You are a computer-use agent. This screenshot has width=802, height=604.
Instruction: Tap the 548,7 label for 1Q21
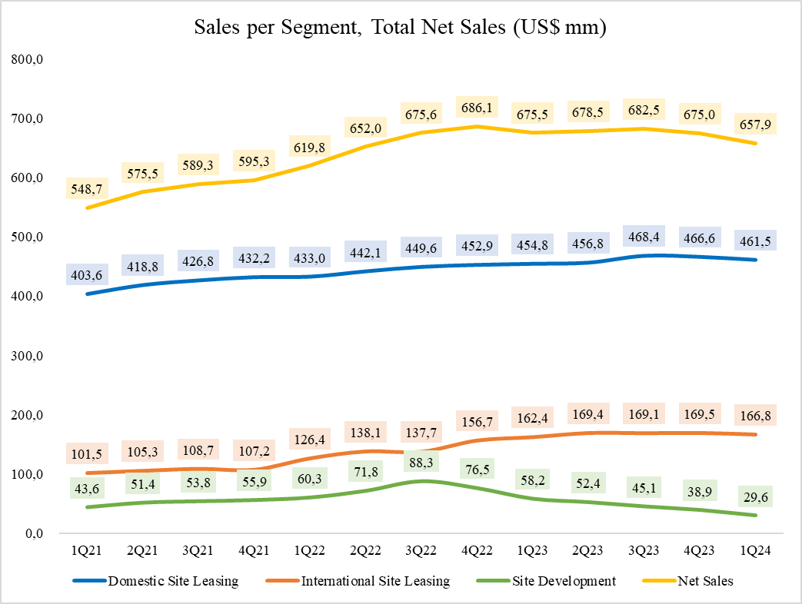[85, 191]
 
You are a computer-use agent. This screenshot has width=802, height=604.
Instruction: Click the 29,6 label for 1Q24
[753, 498]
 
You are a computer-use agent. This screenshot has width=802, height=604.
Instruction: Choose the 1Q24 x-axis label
[753, 551]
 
